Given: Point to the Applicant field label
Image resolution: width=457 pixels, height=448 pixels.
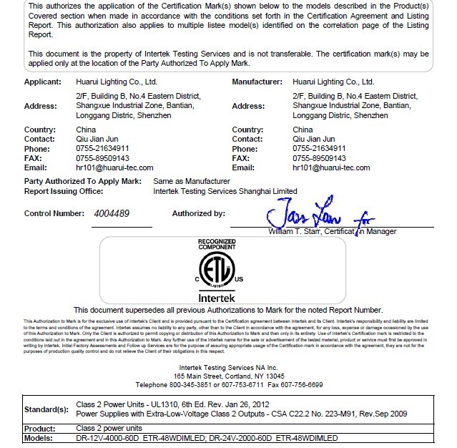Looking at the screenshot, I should tap(42, 82).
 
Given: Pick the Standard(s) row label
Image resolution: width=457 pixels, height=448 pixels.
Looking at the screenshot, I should tap(46, 409).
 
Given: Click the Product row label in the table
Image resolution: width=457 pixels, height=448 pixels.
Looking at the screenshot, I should tap(40, 428).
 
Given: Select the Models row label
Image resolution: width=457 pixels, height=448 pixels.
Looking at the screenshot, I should tap(39, 438).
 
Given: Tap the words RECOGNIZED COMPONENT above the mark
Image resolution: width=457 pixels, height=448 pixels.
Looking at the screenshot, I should tap(217, 245).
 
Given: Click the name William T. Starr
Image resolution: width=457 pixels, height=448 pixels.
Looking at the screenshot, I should tap(293, 232).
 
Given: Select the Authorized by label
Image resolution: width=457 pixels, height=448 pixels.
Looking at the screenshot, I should tap(198, 213).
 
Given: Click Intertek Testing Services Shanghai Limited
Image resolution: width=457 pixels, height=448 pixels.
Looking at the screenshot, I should tap(225, 191).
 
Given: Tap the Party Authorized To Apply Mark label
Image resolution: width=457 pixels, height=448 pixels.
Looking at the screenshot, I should tap(82, 182).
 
